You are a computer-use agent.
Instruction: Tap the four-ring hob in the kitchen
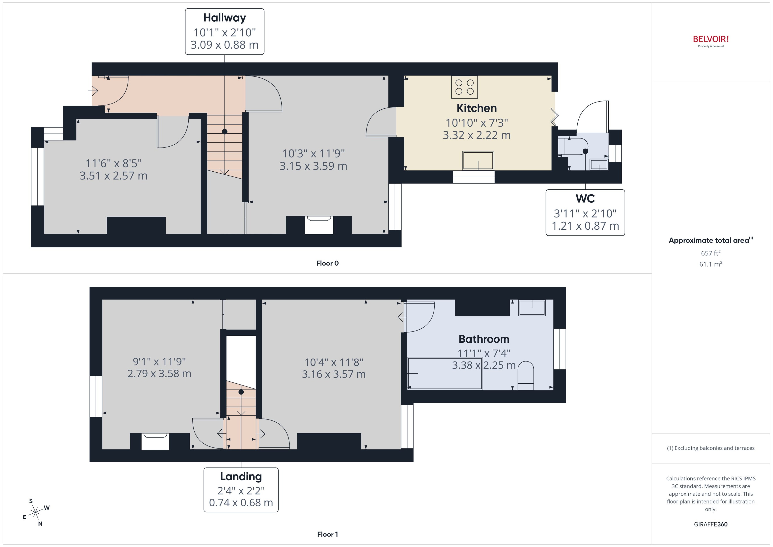tap(464, 87)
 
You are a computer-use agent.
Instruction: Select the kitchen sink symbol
tap(478, 161)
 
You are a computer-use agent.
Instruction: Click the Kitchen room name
tap(476, 108)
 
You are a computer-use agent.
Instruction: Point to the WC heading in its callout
tap(585, 199)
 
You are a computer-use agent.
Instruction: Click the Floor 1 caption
tap(327, 534)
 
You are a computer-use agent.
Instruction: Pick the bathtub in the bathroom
tap(445, 373)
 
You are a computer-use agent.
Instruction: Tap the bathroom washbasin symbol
tap(532, 308)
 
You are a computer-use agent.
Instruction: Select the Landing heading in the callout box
tap(241, 477)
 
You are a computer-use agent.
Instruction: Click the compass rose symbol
tap(35, 513)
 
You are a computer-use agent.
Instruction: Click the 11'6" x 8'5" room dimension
tap(114, 163)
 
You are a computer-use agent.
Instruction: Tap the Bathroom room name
tap(484, 339)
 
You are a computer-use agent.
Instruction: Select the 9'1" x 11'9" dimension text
tap(159, 362)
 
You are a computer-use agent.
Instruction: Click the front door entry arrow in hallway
tap(93, 91)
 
